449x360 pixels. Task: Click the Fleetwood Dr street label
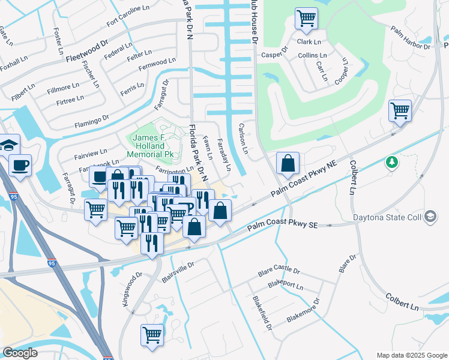87,52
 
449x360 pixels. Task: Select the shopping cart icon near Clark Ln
306,19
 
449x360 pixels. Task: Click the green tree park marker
392,162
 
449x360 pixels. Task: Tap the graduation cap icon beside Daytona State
430,217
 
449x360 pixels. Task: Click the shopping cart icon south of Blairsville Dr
152,334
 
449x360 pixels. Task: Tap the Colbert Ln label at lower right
402,301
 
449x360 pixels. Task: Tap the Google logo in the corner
20,353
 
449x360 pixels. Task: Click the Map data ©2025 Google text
411,355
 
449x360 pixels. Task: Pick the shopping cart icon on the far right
400,110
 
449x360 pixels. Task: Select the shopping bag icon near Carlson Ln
288,163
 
